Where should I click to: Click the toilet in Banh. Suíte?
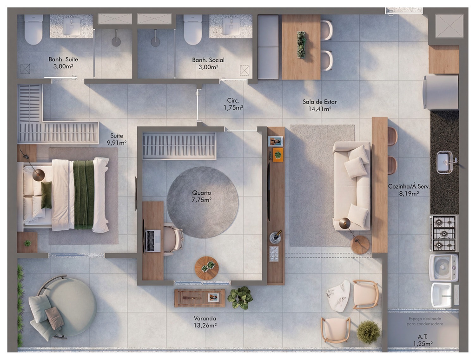(x=33, y=29)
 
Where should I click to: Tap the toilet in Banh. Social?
(x=193, y=29)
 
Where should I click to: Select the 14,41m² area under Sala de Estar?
(x=320, y=109)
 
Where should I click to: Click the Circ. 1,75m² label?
(x=233, y=104)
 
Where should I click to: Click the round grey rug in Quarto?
(x=203, y=202)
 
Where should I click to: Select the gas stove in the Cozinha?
(x=443, y=233)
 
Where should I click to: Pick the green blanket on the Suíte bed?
(x=84, y=195)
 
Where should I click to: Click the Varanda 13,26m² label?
(x=205, y=322)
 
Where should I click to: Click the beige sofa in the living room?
(x=352, y=186)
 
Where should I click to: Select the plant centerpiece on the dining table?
(x=301, y=45)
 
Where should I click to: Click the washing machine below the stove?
(x=443, y=268)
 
